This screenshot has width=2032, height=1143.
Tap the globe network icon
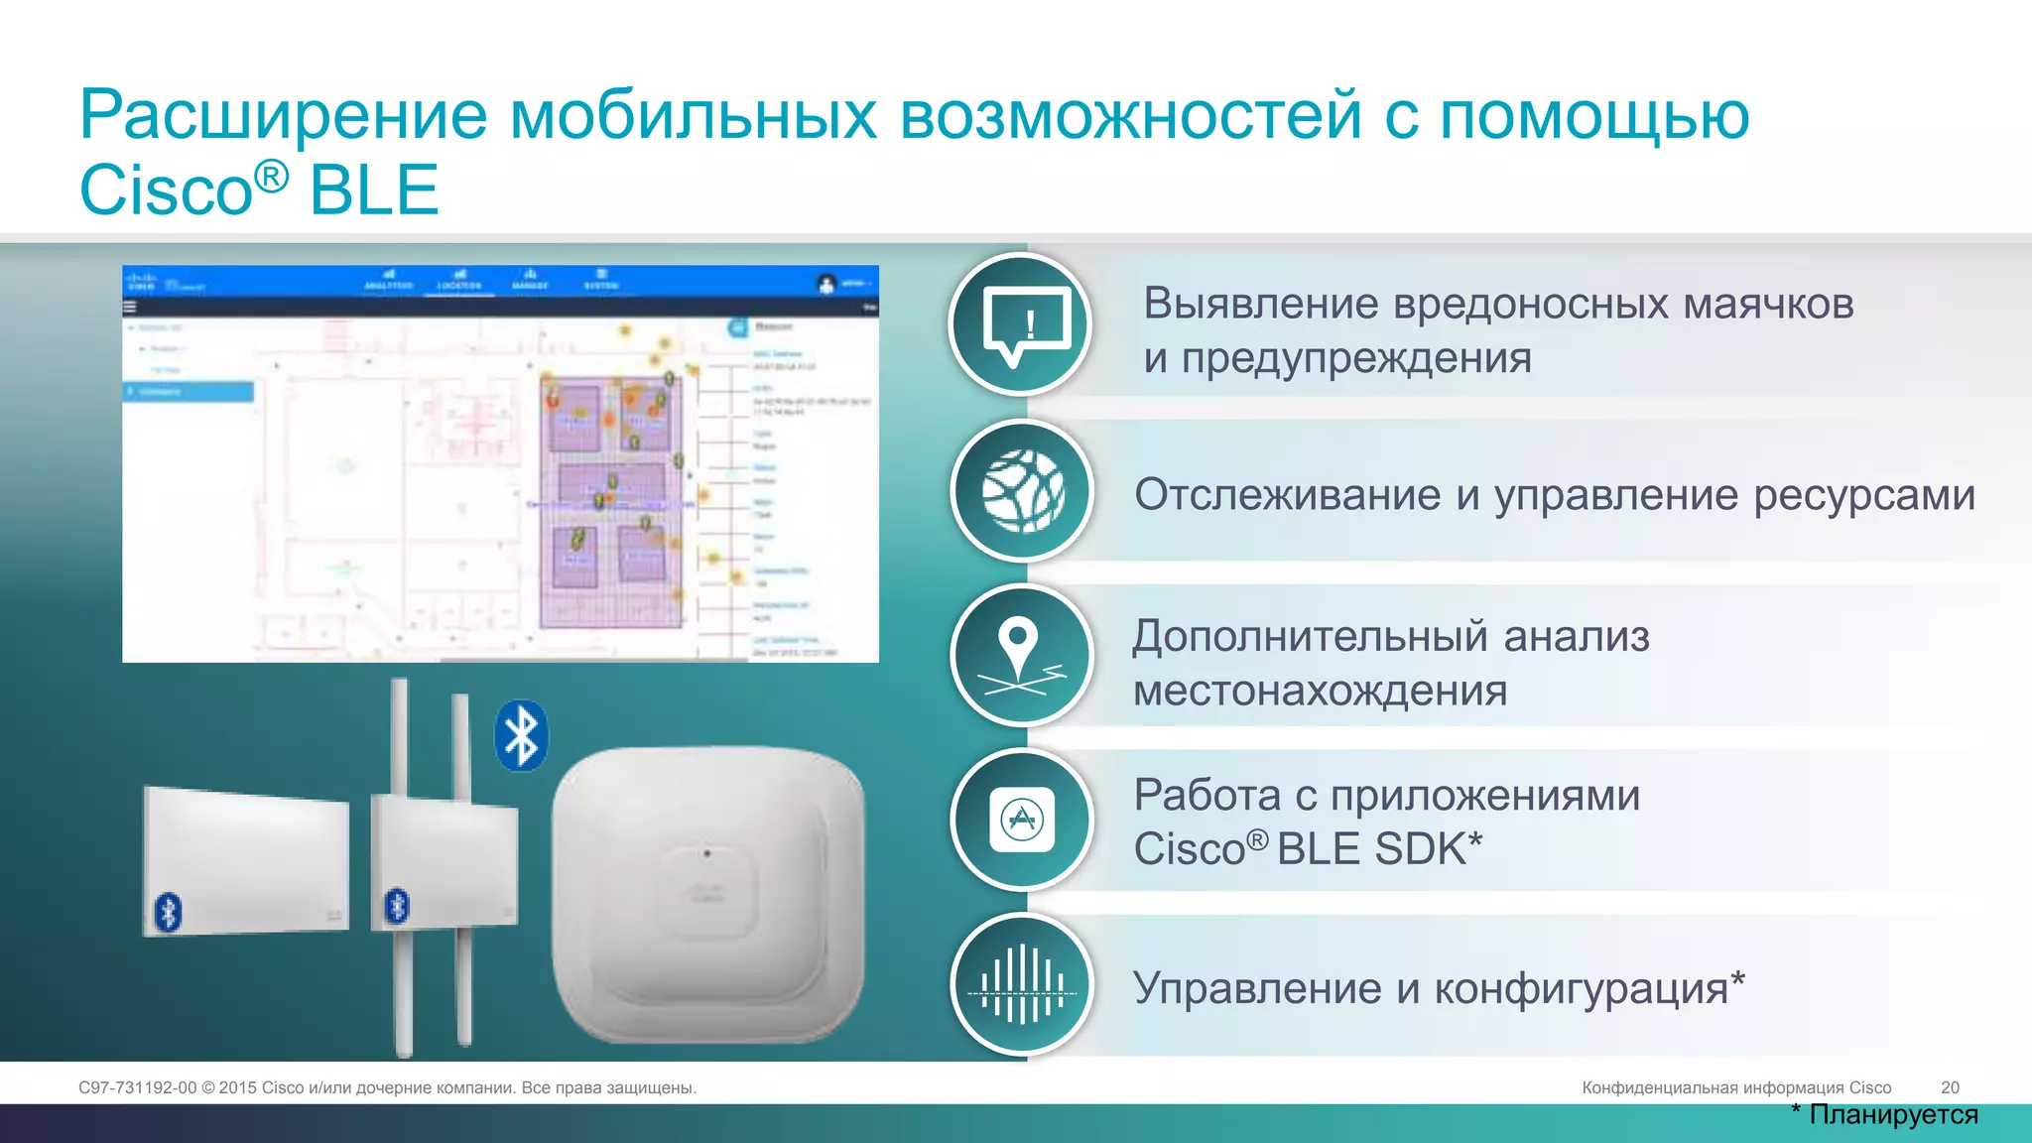(x=1022, y=491)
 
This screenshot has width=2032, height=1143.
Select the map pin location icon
(x=1019, y=655)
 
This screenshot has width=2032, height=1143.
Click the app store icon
(x=1022, y=820)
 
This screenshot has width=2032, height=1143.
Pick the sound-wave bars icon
(x=1022, y=984)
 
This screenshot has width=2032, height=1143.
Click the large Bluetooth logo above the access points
(x=521, y=736)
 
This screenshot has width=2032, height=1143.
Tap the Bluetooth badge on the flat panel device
(x=168, y=912)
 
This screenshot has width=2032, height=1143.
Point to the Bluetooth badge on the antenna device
(x=397, y=905)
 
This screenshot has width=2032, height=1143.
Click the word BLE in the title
(x=374, y=190)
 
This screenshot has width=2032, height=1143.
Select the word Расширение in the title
(x=284, y=114)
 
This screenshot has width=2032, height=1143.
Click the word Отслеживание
(x=1287, y=494)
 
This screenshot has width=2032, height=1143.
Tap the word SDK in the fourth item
(x=1420, y=848)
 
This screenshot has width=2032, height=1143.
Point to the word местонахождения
(x=1320, y=690)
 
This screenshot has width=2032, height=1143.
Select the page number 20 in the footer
(x=1950, y=1087)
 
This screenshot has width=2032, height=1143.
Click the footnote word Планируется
(x=1893, y=1114)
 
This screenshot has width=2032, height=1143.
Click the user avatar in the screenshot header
(x=826, y=284)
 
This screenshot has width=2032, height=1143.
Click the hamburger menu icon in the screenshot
(x=129, y=307)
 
